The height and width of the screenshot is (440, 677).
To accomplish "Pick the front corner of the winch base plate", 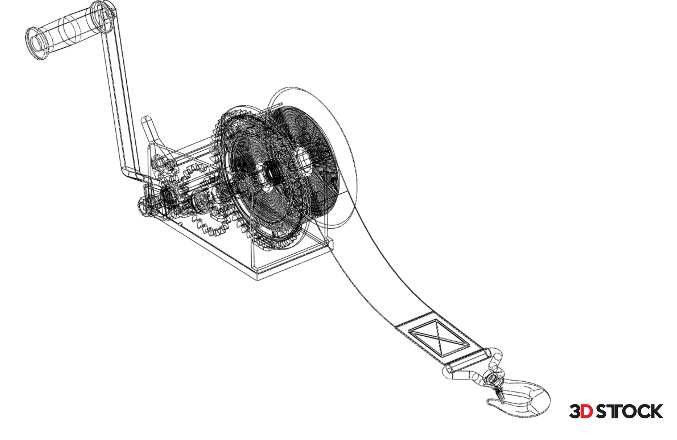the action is (257, 281).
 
